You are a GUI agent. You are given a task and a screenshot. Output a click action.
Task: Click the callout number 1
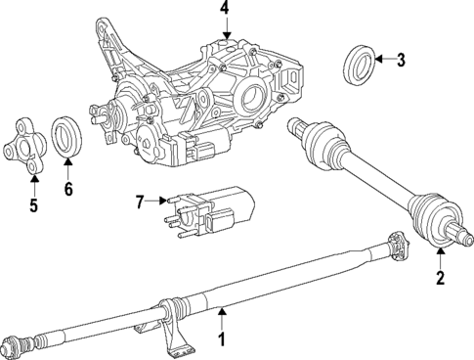pyautogui.click(x=221, y=341)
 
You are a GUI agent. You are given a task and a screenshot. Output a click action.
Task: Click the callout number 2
pyautogui.click(x=439, y=279)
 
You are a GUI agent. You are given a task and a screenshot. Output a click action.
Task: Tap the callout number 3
pyautogui.click(x=401, y=61)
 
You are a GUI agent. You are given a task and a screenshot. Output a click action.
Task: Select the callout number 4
pyautogui.click(x=225, y=9)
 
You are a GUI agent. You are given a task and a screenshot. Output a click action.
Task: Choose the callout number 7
pyautogui.click(x=139, y=202)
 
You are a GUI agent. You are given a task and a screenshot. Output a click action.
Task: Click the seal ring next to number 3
pyautogui.click(x=360, y=64)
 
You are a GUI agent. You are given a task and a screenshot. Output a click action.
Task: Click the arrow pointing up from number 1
pyautogui.click(x=221, y=318)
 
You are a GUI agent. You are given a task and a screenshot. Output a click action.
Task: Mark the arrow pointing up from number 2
pyautogui.click(x=439, y=256)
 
